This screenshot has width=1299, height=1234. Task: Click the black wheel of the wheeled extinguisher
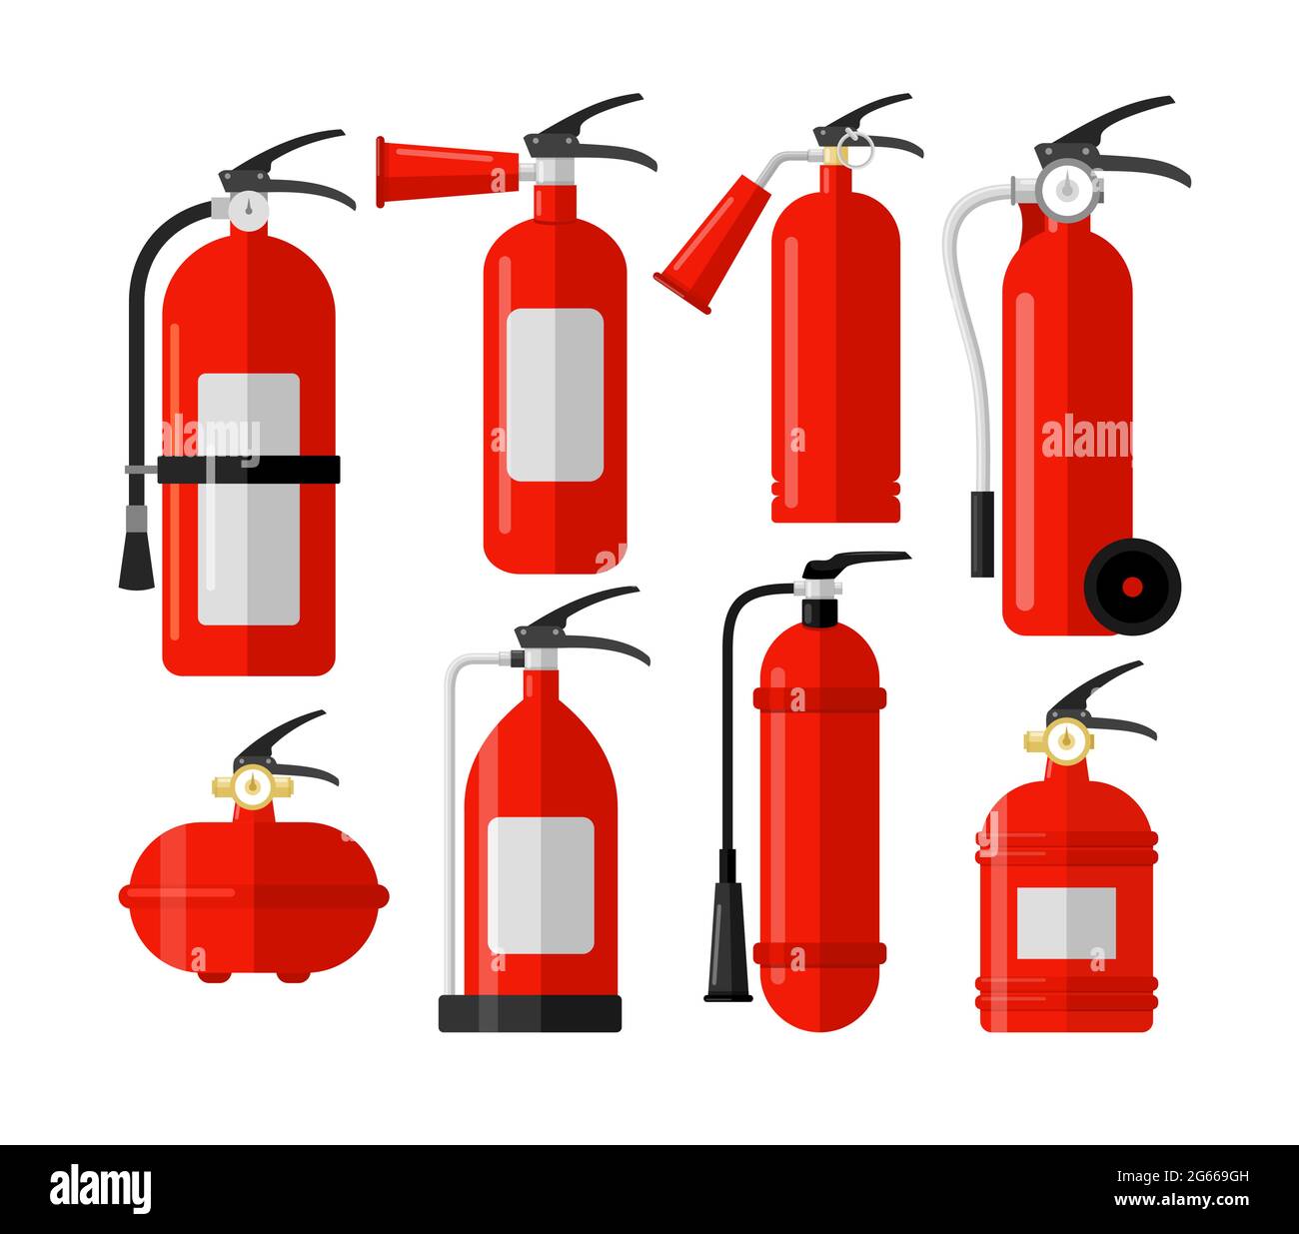pos(1132,585)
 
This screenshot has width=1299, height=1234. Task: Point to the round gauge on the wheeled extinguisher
pos(1067,187)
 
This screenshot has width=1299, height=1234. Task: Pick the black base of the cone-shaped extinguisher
pos(530,1013)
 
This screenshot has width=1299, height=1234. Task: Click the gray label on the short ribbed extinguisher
pos(1065,922)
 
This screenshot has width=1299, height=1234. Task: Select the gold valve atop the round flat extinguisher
pos(253,786)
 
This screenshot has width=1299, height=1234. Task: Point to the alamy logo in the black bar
pos(100,1189)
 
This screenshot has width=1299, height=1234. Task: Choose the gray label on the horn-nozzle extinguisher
pos(555,394)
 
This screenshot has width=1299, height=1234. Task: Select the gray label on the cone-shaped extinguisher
pos(540,884)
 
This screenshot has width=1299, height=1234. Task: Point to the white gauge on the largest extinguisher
pos(248,208)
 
